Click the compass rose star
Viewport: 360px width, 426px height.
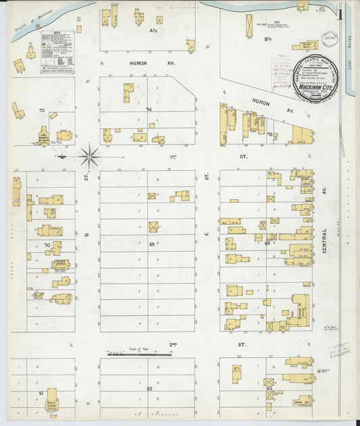[x=90, y=156]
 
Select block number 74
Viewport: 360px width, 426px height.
[x=149, y=109]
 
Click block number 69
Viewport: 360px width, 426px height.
[x=152, y=243]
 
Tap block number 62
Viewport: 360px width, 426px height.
[x=149, y=390]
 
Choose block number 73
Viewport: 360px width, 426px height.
[x=41, y=110]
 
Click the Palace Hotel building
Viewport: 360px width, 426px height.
[x=309, y=46]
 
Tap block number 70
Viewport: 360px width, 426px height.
[x=47, y=244]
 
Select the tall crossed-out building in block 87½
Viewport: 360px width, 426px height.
[x=249, y=22]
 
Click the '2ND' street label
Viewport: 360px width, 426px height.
[x=174, y=344]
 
